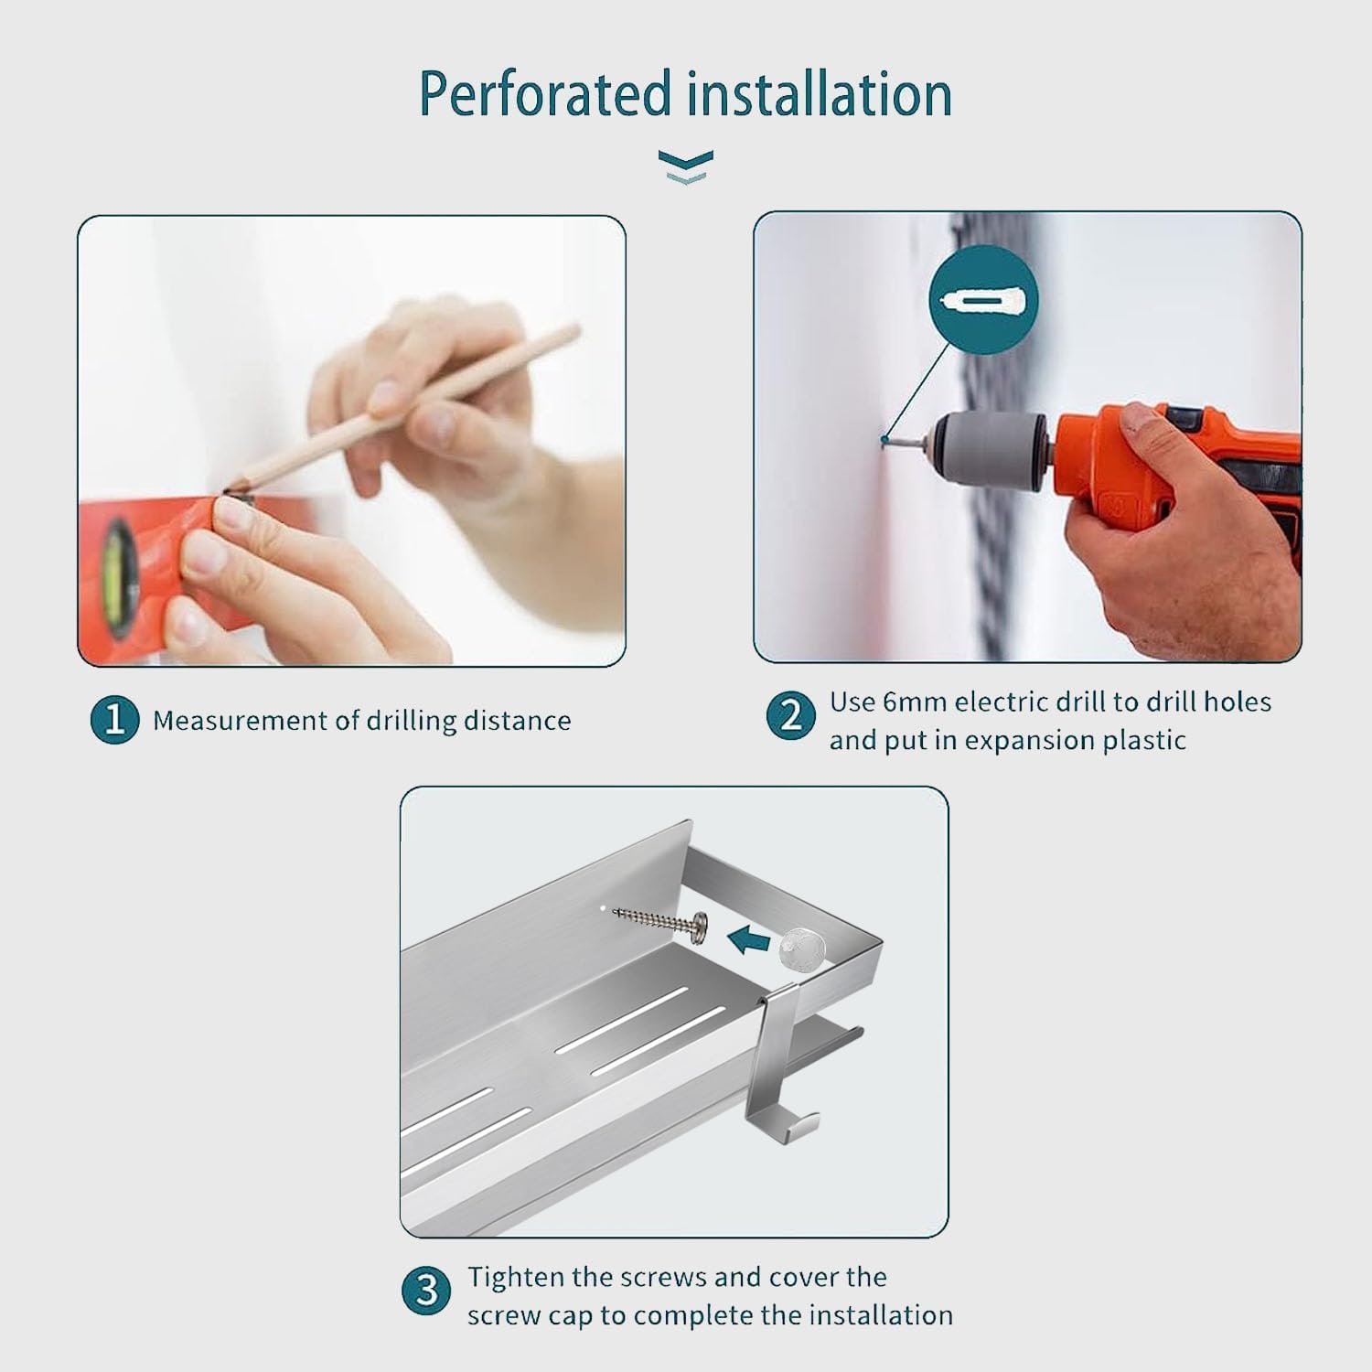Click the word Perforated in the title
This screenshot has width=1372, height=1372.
[x=544, y=94]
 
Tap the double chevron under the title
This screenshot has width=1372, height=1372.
[x=685, y=167]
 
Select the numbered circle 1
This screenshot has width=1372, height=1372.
[x=114, y=720]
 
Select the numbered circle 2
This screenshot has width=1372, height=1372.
[x=790, y=714]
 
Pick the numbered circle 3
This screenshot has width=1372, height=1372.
[x=426, y=1291]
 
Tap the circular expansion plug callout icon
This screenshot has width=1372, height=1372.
[x=983, y=300]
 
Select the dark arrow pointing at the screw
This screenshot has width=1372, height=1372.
[x=749, y=938]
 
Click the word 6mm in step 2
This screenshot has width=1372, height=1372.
[x=916, y=702]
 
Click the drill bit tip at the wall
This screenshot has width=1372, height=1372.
[x=884, y=440]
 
